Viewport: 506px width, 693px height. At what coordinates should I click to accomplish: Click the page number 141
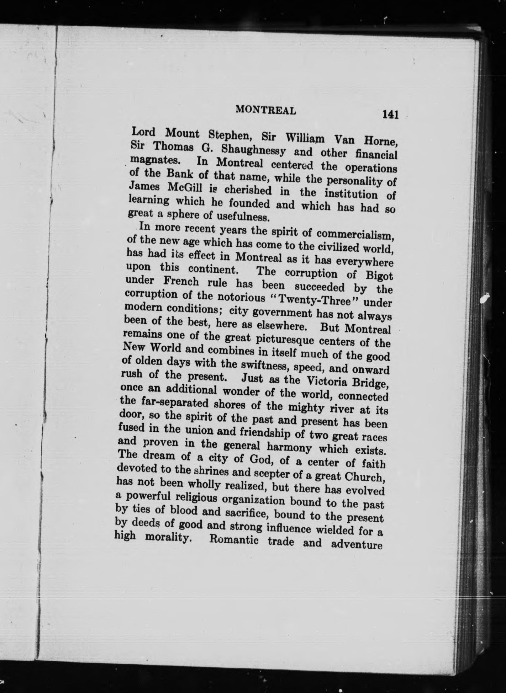(x=390, y=114)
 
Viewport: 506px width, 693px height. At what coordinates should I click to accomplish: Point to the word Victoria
(x=328, y=381)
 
